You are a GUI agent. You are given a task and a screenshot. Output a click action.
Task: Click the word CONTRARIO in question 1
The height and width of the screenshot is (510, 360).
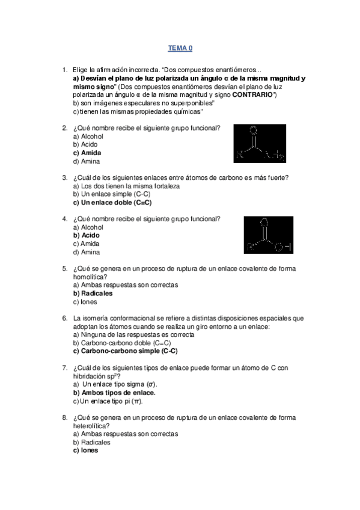pos(253,95)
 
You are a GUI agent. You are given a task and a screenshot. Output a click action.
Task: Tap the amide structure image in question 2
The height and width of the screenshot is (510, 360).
pos(260,144)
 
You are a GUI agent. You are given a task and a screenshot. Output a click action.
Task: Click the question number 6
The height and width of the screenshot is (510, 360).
pos(64,318)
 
